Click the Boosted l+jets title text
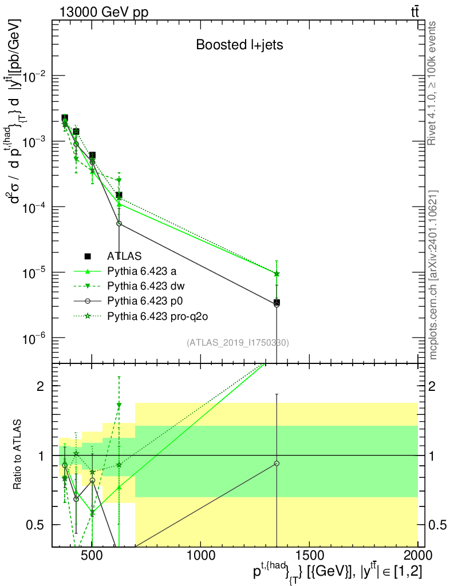[239, 45]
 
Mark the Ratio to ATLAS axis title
[19, 456]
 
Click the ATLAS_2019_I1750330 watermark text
[238, 343]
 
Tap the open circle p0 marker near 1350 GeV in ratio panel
[277, 463]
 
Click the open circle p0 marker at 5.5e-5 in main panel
[119, 224]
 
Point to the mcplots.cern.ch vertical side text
[433, 275]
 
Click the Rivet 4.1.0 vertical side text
[433, 83]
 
